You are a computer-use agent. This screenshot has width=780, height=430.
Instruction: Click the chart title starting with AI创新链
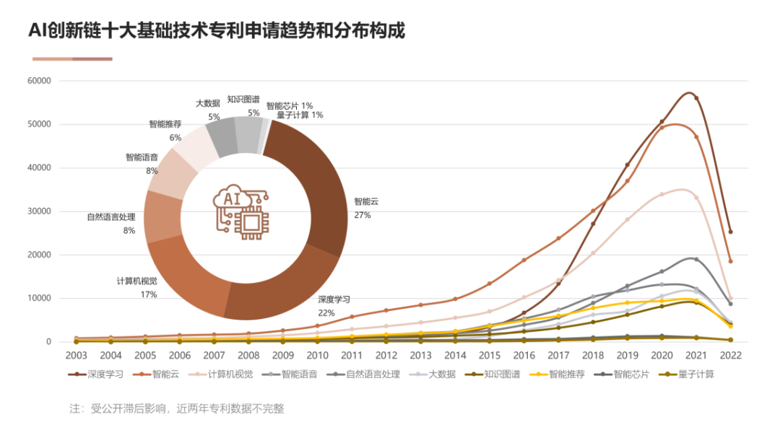coord(217,31)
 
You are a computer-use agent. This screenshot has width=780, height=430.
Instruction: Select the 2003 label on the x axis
coord(76,356)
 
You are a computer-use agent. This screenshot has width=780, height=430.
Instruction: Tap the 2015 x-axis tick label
coord(489,356)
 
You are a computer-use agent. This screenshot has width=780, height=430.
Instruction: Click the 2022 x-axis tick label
coord(730,356)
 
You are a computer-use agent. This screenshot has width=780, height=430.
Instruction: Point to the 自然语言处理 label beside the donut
coord(111,217)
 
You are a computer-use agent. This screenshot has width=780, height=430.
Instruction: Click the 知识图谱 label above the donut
coord(243,100)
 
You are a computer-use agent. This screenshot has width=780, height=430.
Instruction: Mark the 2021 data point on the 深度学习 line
coord(696,98)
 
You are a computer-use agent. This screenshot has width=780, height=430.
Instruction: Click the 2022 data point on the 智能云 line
coord(730,261)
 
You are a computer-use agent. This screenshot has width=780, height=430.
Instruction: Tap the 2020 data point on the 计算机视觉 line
coord(662,194)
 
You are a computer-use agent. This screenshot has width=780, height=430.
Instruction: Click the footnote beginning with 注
coord(176,408)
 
